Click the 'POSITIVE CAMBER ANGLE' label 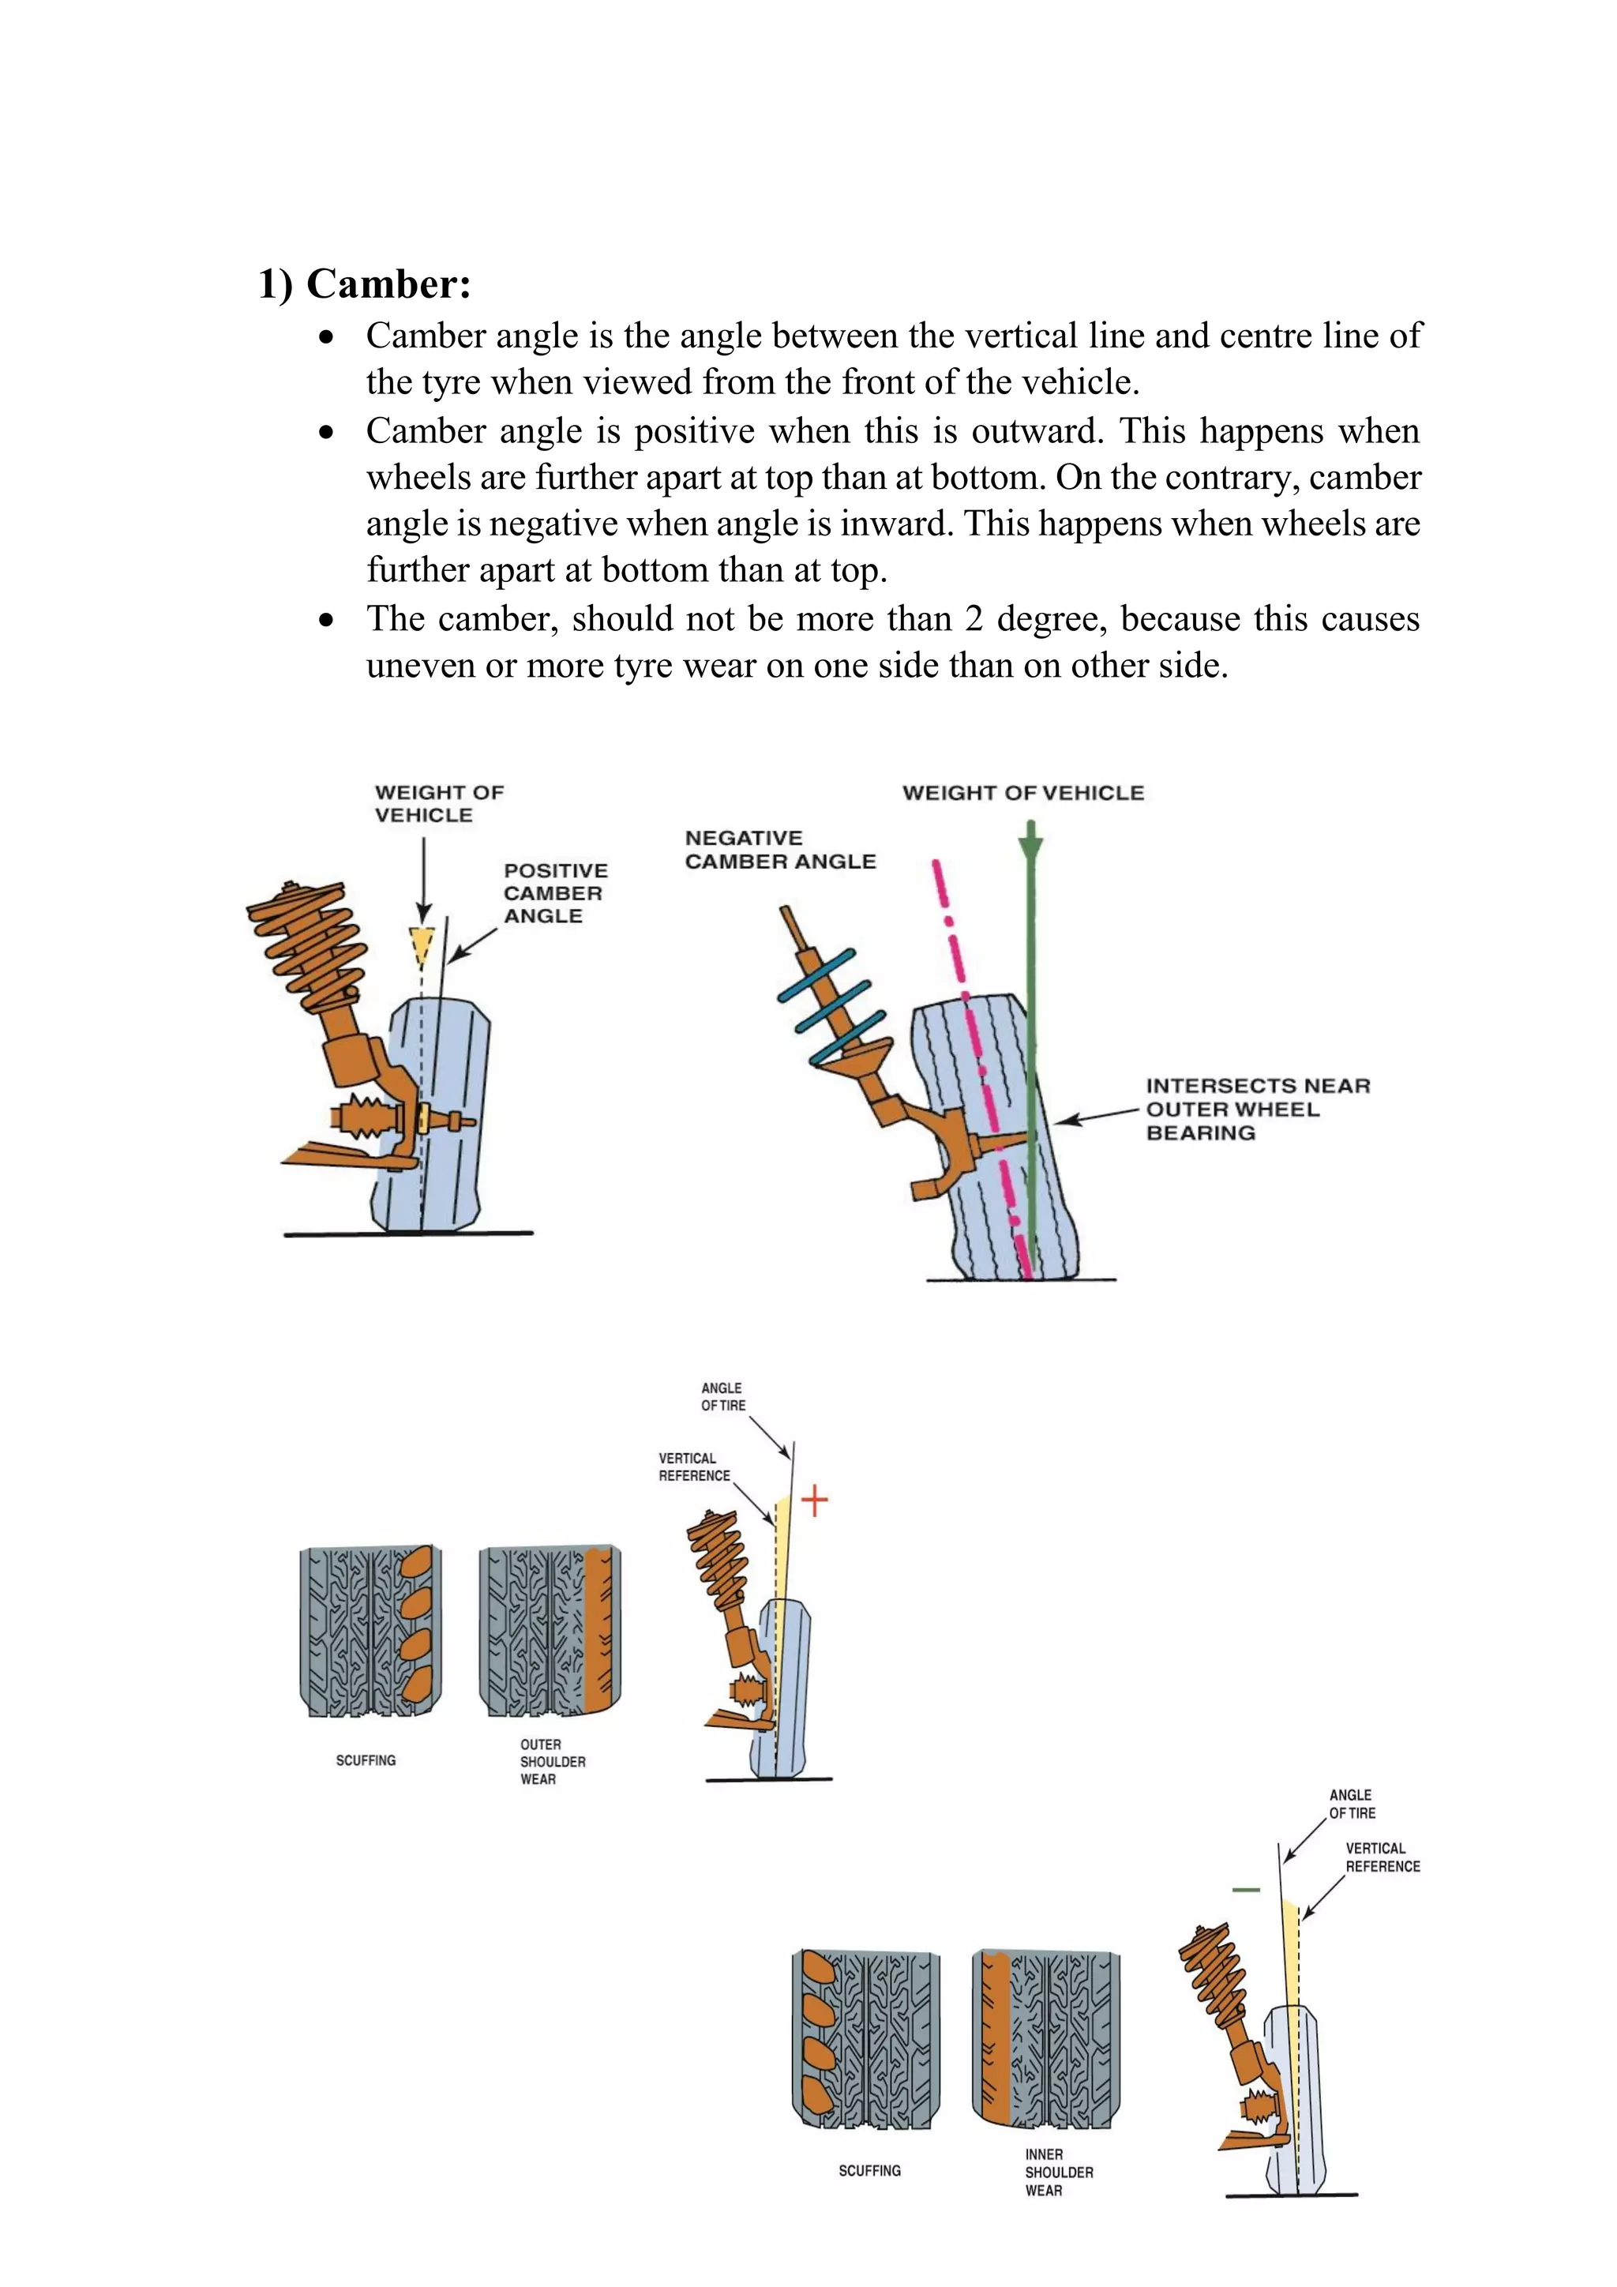click(554, 892)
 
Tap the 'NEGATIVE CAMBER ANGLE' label click(779, 850)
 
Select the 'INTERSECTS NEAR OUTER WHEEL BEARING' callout click(1256, 1109)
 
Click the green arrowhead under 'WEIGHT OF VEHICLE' click(1030, 847)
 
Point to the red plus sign click(815, 1500)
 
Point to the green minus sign click(1246, 1890)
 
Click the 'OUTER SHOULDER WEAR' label click(552, 1761)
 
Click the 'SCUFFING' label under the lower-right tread click(869, 2170)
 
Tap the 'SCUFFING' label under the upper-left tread click(366, 1760)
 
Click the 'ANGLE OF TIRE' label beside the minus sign click(1351, 1804)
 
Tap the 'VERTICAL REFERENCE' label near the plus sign click(693, 1466)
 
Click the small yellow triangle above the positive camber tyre click(422, 943)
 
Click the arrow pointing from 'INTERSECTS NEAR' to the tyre click(1095, 1117)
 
